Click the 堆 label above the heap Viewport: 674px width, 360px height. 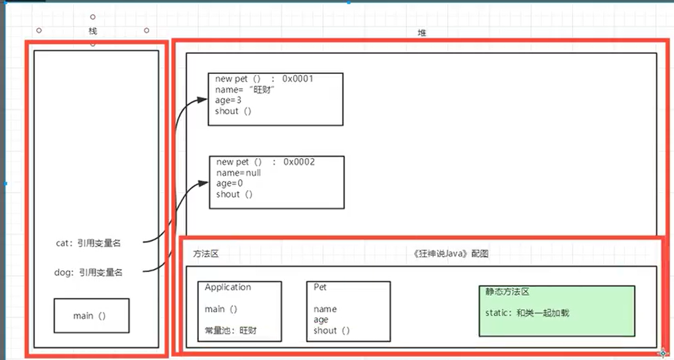[x=421, y=33]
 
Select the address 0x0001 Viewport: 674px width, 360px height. [x=298, y=78]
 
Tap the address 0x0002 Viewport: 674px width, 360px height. [x=299, y=161]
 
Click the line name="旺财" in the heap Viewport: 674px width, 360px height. [x=245, y=89]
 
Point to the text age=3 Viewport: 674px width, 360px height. [x=228, y=100]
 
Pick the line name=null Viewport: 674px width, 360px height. [x=239, y=172]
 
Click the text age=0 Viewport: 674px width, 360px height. [x=229, y=183]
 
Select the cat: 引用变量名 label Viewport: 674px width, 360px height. [x=88, y=243]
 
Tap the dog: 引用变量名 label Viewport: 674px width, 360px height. [x=88, y=273]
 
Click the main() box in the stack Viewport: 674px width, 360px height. [x=91, y=315]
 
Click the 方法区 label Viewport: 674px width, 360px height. [x=206, y=254]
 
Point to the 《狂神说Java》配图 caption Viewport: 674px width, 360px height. [x=451, y=254]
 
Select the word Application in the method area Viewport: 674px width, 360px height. [x=228, y=287]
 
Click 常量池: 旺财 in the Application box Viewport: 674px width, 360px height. [x=231, y=331]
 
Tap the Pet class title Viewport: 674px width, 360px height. [x=320, y=287]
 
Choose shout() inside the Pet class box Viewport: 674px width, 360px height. [x=331, y=331]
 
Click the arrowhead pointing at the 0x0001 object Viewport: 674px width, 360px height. [x=204, y=98]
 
